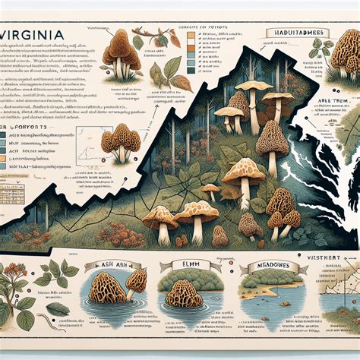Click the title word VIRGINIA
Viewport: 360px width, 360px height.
(35, 36)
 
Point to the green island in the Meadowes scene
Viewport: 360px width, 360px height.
(262, 290)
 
